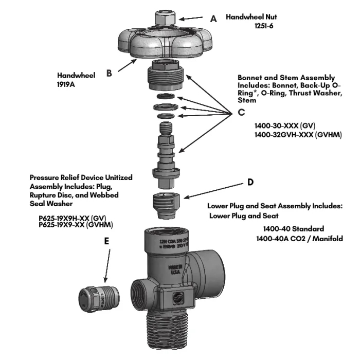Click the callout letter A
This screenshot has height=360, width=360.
point(214,17)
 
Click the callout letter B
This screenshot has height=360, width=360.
point(109,73)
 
